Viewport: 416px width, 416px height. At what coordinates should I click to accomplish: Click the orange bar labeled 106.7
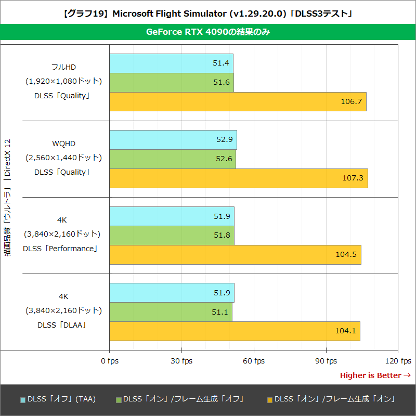(238, 101)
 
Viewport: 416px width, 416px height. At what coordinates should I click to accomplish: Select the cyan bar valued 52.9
(173, 140)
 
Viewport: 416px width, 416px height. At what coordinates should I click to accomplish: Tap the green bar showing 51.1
(171, 312)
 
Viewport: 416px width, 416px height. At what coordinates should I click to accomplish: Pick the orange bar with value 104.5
(235, 254)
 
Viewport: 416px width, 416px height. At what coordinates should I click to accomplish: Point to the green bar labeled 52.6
(172, 159)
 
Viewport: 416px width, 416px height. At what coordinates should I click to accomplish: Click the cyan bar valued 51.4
(171, 63)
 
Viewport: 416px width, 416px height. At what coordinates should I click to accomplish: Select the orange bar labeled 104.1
(235, 331)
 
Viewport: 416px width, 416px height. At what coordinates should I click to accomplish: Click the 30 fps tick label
(181, 361)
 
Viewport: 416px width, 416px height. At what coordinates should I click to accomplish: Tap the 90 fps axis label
(326, 361)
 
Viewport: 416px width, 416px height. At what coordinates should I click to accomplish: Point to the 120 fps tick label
(398, 361)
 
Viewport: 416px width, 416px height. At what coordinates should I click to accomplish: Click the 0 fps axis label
(109, 361)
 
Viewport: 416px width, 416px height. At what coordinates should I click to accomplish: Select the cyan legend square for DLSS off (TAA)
(23, 400)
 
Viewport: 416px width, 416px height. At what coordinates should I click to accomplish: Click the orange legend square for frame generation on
(269, 400)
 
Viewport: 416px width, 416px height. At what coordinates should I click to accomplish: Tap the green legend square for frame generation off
(119, 400)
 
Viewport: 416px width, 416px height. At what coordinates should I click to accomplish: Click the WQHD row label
(63, 144)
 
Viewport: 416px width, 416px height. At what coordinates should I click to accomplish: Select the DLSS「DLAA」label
(62, 325)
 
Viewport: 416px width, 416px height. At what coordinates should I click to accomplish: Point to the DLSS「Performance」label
(60, 249)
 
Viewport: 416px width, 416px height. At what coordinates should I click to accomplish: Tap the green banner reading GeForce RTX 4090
(208, 32)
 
